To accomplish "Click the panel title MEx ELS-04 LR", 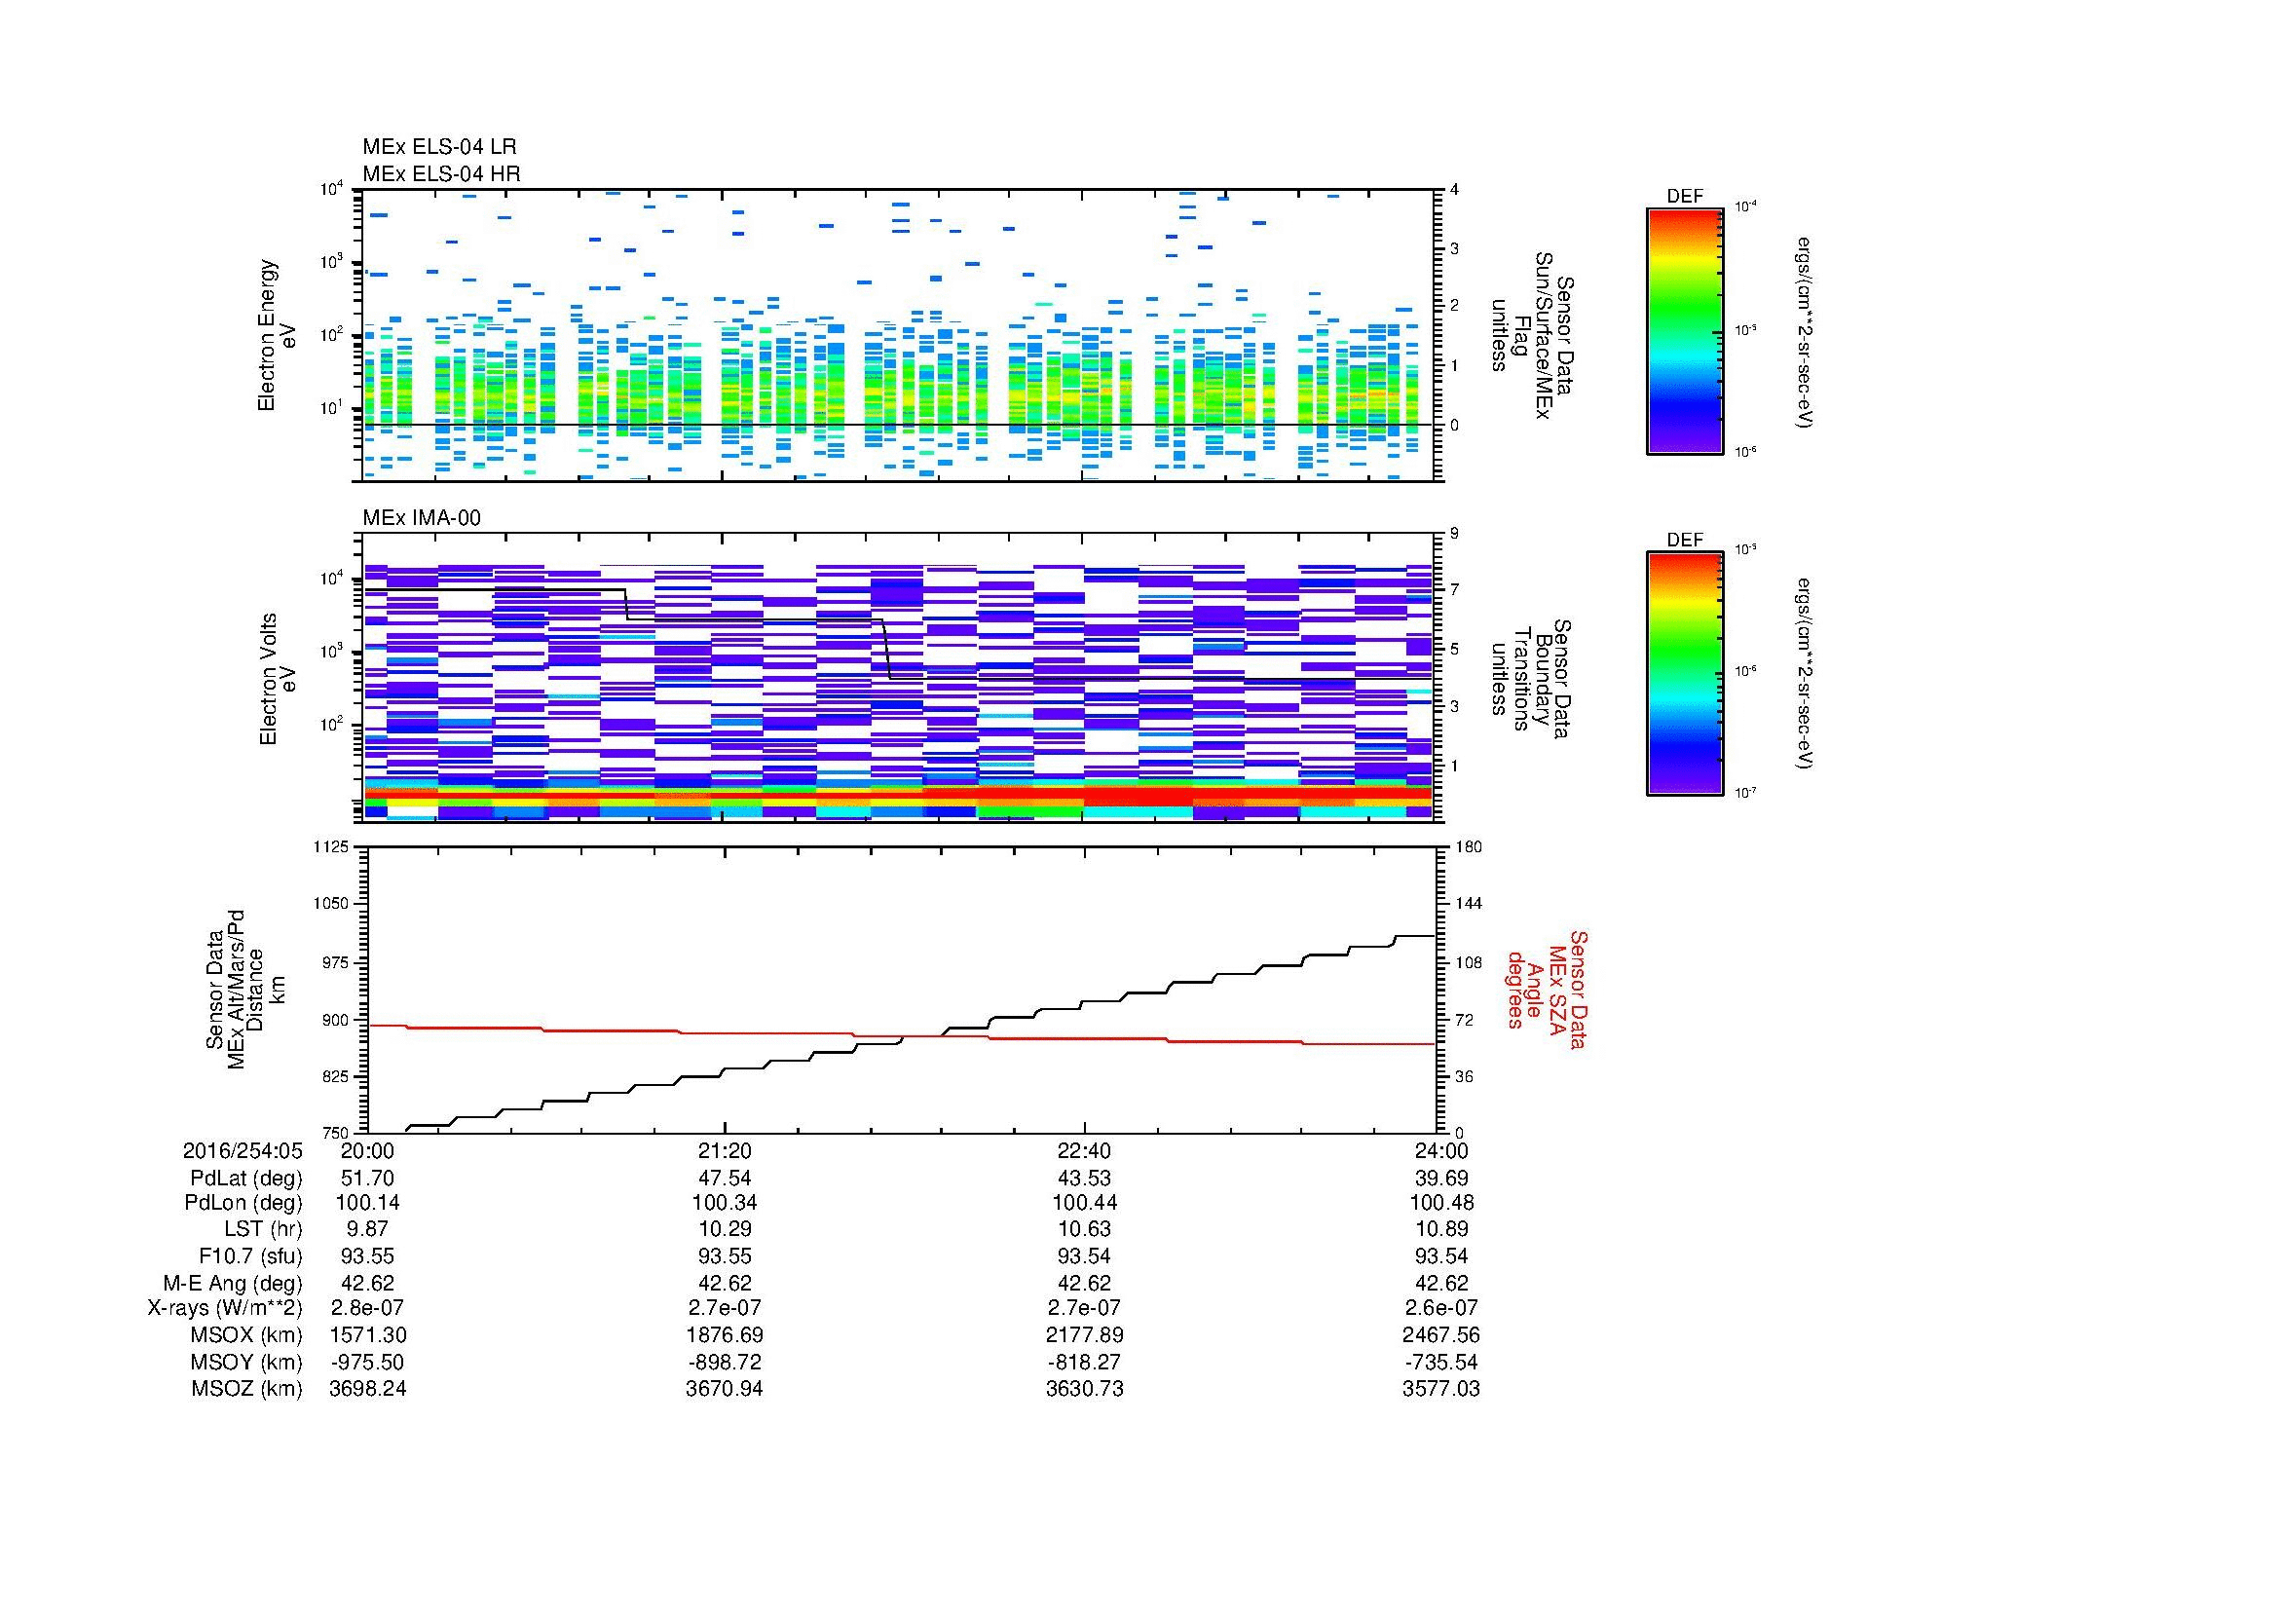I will point(438,147).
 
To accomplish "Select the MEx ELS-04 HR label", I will point(440,173).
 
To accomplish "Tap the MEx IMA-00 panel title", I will point(421,518).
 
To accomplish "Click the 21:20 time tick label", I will point(725,1150).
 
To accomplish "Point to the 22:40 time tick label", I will point(1084,1150).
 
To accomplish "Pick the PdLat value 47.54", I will point(725,1178).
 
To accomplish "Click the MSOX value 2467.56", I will point(1440,1335).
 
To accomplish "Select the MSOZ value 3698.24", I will point(367,1388).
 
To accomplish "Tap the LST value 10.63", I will point(1084,1229).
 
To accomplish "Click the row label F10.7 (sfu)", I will point(250,1255).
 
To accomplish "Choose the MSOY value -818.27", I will point(1084,1361).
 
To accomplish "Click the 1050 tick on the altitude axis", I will point(330,904).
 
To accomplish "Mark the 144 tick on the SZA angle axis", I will point(1469,904).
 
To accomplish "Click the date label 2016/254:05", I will point(243,1150).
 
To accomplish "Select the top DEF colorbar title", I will point(1685,197).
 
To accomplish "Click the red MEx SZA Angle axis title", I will point(1548,990).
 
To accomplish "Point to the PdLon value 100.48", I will point(1440,1203).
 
